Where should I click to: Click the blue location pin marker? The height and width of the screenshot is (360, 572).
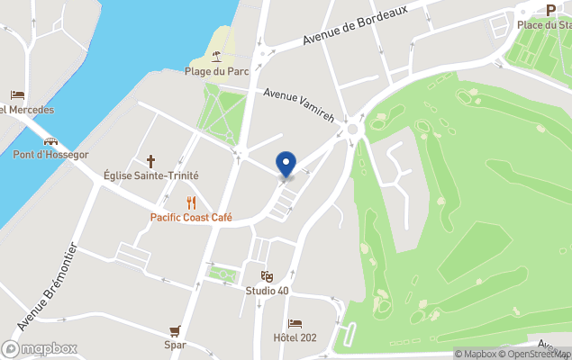click(x=286, y=164)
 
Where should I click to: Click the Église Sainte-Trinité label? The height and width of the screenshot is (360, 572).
click(x=151, y=176)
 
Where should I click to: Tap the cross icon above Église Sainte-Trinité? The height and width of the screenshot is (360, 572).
click(x=151, y=161)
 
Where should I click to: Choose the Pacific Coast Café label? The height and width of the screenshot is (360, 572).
click(x=191, y=218)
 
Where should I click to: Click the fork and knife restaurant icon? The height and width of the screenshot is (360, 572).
click(x=191, y=202)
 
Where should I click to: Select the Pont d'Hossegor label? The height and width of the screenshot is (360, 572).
click(x=50, y=155)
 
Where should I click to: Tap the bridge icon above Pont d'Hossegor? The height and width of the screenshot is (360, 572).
click(x=50, y=140)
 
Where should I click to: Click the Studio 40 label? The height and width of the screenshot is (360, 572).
click(x=267, y=291)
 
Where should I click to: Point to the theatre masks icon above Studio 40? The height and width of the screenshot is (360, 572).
click(x=267, y=276)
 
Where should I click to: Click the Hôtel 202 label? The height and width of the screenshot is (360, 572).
click(x=295, y=338)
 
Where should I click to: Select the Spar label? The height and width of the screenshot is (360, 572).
click(x=175, y=345)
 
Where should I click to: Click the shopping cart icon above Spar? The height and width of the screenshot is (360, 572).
click(x=175, y=330)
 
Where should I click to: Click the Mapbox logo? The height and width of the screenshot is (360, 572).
click(x=40, y=348)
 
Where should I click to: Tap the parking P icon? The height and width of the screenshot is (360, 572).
click(x=550, y=10)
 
